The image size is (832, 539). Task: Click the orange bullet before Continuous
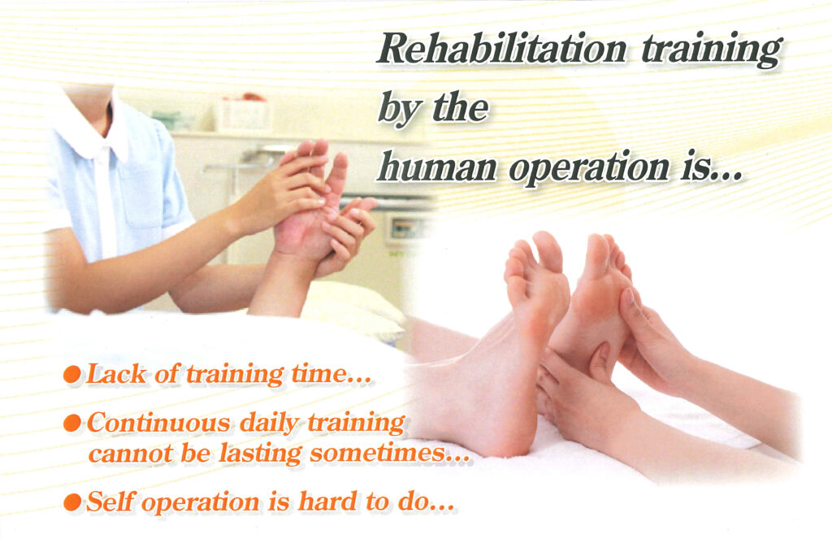(x=72, y=424)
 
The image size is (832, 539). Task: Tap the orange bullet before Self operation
(x=72, y=502)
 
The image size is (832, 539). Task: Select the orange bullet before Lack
(x=72, y=375)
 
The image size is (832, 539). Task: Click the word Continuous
(x=159, y=423)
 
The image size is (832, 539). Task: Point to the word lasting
(x=260, y=454)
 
